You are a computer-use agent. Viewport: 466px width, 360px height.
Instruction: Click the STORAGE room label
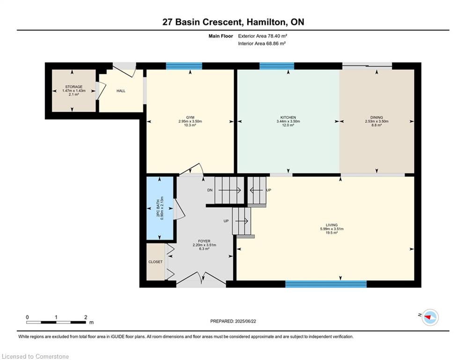click(x=74, y=87)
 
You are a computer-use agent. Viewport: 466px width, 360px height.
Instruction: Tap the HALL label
click(x=121, y=91)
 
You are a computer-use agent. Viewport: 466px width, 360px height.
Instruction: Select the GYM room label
click(x=190, y=118)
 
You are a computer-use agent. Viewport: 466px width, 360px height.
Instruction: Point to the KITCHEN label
click(x=288, y=118)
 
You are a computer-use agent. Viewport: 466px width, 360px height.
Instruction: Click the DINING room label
click(x=377, y=118)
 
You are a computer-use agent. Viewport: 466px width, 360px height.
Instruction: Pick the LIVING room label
click(x=332, y=225)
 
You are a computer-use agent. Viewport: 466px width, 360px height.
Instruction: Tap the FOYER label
click(x=204, y=241)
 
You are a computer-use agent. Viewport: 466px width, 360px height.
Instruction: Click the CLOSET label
click(x=155, y=262)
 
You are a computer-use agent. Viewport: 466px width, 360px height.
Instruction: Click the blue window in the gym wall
click(x=184, y=66)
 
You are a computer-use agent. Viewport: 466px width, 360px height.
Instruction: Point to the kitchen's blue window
click(x=277, y=66)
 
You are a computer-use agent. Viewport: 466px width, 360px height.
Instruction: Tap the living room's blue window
click(x=326, y=284)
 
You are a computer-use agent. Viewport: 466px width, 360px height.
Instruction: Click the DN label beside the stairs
click(x=210, y=190)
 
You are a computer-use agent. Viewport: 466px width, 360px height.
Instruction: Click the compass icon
click(x=430, y=317)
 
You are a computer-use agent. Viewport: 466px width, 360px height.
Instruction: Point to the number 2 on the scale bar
click(x=86, y=317)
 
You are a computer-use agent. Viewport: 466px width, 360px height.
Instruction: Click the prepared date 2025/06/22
click(x=245, y=321)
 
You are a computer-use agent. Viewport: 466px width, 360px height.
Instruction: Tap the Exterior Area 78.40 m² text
click(x=262, y=36)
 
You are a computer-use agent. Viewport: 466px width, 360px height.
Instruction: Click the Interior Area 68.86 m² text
click(x=262, y=44)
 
